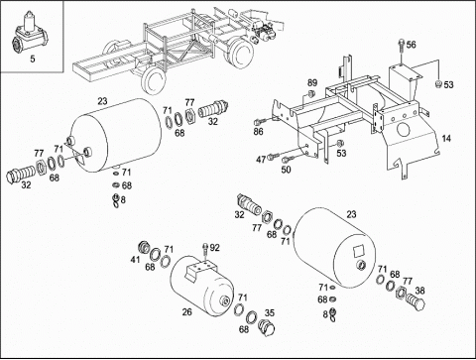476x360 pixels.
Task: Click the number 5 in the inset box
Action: coord(33,59)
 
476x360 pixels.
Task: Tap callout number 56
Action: coord(411,45)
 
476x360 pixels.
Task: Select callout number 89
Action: coord(312,82)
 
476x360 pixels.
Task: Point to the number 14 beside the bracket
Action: coord(446,139)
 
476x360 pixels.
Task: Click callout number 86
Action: coord(258,132)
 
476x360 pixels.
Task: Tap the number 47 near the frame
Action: coord(261,160)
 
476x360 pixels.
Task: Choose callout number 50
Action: coord(286,170)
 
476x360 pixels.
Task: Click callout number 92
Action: coord(214,248)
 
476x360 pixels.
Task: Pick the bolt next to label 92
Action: coord(205,250)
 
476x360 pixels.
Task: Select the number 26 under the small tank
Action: coord(186,311)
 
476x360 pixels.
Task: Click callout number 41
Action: coord(135,260)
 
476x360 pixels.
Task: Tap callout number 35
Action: coord(270,312)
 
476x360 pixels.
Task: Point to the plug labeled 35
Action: coord(267,328)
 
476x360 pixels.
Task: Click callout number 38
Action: coord(419,291)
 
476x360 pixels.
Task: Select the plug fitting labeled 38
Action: coord(416,301)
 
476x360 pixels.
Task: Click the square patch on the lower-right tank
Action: coord(359,250)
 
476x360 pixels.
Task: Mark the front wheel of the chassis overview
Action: coord(153,81)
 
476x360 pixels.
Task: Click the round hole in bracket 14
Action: coord(404,130)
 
